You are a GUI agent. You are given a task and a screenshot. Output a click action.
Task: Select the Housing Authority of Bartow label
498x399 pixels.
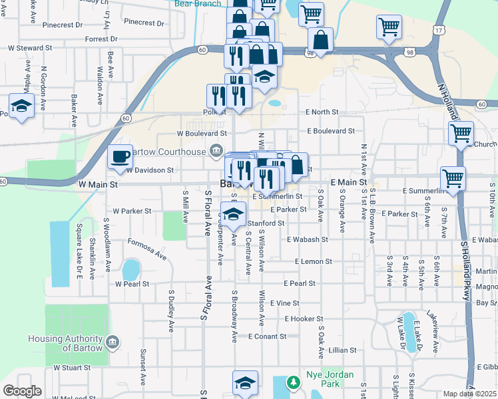65,343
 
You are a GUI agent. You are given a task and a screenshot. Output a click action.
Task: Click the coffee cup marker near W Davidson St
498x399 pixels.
120,157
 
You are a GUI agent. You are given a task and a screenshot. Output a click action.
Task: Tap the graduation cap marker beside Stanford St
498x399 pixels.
233,215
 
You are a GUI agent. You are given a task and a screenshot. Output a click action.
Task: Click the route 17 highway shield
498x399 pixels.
437,31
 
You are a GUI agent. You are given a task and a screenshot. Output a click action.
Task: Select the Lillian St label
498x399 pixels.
343,350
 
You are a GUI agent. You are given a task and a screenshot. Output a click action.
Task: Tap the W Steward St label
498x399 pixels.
30,49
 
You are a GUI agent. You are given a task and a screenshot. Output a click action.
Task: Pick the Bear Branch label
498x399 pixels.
198,4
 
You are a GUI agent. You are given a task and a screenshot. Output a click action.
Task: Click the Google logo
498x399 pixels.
22,391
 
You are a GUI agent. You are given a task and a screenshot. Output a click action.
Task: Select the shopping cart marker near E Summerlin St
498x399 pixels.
453,178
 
